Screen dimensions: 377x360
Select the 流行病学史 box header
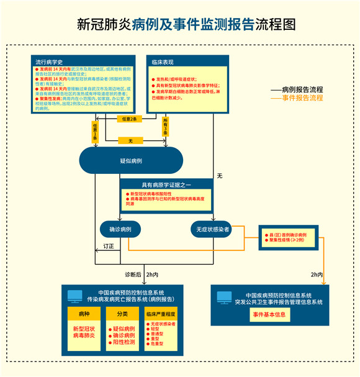[x=50, y=63]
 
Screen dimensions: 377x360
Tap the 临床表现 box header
[x=163, y=63]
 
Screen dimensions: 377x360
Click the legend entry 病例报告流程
[x=302, y=89]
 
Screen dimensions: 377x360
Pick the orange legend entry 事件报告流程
[x=302, y=98]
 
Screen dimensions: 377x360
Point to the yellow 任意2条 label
[x=130, y=118]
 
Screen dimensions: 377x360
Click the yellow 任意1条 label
[x=96, y=131]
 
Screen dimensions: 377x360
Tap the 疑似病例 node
[x=130, y=161]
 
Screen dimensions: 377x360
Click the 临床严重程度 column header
[x=161, y=314]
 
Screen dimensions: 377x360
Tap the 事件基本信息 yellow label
[x=271, y=314]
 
